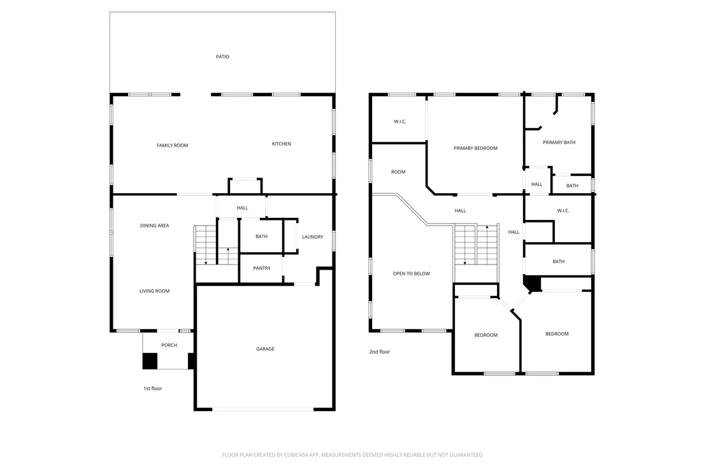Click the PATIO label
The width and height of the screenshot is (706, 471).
point(222,57)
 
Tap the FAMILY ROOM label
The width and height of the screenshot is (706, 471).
point(173,145)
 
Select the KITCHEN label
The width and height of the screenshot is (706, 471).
point(282,144)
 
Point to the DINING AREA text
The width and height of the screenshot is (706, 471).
point(154,226)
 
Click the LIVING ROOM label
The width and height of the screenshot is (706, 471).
point(154,291)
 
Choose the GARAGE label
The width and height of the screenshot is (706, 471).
point(265,349)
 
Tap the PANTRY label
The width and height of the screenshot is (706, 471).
point(262,268)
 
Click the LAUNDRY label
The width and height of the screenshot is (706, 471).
point(312,237)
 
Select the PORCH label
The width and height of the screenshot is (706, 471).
point(169,345)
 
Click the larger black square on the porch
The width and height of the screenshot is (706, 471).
point(150,361)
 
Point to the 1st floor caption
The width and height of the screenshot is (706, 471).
point(153,389)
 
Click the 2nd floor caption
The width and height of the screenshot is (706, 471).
point(380,352)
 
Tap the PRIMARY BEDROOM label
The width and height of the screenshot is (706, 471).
point(475,149)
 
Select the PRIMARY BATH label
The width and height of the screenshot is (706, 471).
point(559,143)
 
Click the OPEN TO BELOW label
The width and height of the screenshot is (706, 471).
point(412,274)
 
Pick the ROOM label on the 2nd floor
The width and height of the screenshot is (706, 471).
point(398,172)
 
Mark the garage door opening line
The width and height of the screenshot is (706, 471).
point(263,409)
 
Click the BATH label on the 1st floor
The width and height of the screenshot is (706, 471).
point(262,236)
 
